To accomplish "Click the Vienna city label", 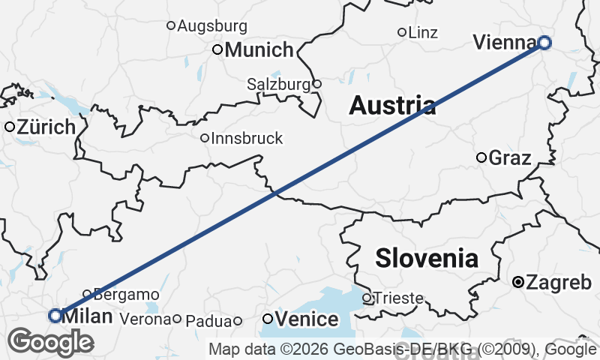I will tap(505, 43).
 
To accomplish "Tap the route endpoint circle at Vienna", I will tap(544, 43).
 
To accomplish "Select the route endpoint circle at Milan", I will tap(55, 316).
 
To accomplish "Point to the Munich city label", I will tap(259, 50).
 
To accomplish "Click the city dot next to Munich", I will tap(217, 50).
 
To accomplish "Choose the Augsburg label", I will tap(212, 26).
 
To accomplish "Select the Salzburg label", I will tap(278, 85).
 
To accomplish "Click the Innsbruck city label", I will tap(247, 138).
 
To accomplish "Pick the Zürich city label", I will tap(46, 127).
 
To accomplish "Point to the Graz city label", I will tap(509, 158).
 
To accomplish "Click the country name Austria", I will tap(392, 106).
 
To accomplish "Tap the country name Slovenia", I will tap(427, 259).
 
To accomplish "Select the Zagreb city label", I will tap(559, 283).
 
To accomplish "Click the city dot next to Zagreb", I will tap(517, 283).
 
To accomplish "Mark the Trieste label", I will tap(398, 298).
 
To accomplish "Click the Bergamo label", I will tap(127, 294).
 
